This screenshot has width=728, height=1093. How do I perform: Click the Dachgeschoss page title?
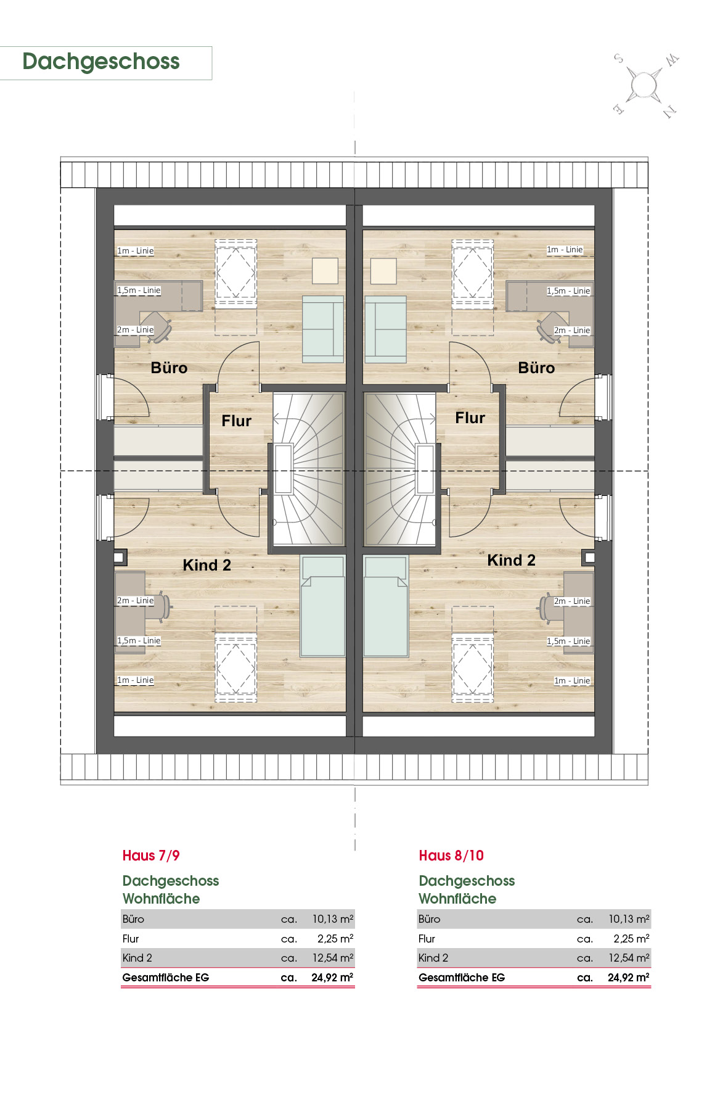pyautogui.click(x=101, y=62)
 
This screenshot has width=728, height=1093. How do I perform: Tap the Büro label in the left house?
pyautogui.click(x=169, y=368)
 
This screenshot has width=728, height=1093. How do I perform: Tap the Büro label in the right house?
pyautogui.click(x=536, y=368)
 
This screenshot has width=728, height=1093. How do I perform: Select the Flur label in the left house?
pyautogui.click(x=237, y=421)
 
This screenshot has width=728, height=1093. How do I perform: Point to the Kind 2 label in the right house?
pyautogui.click(x=511, y=560)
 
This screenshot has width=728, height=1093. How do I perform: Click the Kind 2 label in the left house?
pyautogui.click(x=207, y=565)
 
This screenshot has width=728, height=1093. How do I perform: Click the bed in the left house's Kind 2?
pyautogui.click(x=322, y=606)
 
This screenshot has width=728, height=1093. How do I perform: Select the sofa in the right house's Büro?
pyautogui.click(x=386, y=329)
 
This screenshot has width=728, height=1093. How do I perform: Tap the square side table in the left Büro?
pyautogui.click(x=325, y=271)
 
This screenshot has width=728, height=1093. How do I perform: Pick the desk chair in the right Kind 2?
pyautogui.click(x=547, y=607)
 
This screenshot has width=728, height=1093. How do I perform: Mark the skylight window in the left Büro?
pyautogui.click(x=235, y=272)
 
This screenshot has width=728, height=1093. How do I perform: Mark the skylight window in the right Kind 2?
pyautogui.click(x=473, y=668)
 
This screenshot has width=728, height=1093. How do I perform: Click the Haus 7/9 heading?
pyautogui.click(x=151, y=856)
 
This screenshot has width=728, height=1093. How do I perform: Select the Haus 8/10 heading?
pyautogui.click(x=451, y=856)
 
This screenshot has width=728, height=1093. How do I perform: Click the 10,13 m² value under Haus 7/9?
pyautogui.click(x=333, y=919)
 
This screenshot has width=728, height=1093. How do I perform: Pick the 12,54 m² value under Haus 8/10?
pyautogui.click(x=629, y=958)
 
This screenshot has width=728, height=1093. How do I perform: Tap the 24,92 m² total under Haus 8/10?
pyautogui.click(x=628, y=978)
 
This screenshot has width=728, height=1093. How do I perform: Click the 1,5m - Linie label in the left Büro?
pyautogui.click(x=139, y=291)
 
